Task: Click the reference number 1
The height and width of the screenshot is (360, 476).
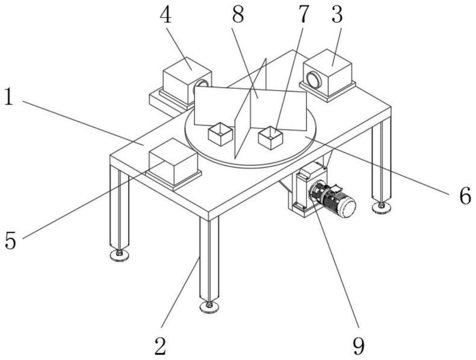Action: [10, 98]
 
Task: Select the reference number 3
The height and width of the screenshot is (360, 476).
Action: [337, 15]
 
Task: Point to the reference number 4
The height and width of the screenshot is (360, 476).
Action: [166, 15]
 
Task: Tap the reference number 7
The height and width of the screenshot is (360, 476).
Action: [302, 15]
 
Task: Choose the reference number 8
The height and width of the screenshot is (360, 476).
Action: [238, 15]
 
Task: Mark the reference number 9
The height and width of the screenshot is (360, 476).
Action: [359, 347]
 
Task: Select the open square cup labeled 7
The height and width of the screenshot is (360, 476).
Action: [270, 138]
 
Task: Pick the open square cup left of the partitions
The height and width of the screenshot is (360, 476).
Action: [221, 134]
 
